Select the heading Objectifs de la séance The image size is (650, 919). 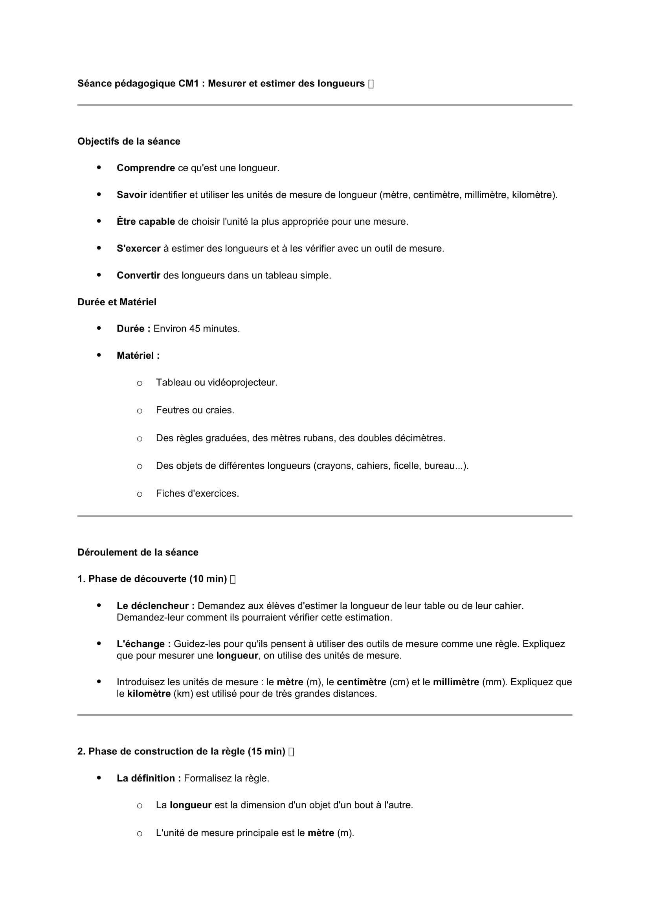click(x=129, y=141)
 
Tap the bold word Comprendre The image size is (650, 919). click(x=146, y=168)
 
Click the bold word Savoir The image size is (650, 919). click(x=132, y=195)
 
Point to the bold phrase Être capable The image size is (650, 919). click(x=146, y=222)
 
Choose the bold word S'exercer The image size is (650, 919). click(x=138, y=249)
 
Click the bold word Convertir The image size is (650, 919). click(x=138, y=275)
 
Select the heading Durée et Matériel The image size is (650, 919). click(x=117, y=302)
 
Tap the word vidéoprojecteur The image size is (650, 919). click(x=242, y=383)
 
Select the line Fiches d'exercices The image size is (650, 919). click(x=197, y=493)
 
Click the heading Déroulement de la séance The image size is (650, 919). click(x=138, y=552)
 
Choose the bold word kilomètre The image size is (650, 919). click(x=149, y=693)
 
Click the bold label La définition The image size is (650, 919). click(x=149, y=778)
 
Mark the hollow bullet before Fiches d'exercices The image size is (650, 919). click(x=139, y=494)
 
